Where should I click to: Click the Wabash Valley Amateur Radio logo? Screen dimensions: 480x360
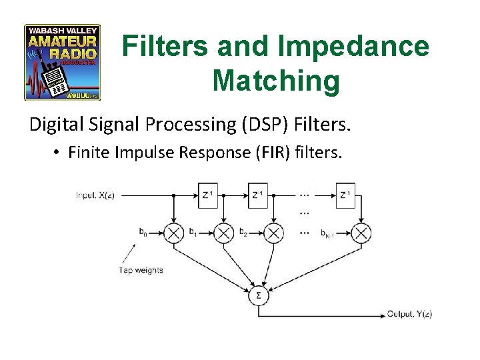(x=62, y=62)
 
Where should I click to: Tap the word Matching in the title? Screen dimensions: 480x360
(x=276, y=81)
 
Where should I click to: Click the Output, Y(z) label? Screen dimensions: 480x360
(x=409, y=314)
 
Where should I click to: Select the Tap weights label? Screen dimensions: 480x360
(x=141, y=270)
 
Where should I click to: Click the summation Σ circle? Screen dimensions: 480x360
(x=258, y=295)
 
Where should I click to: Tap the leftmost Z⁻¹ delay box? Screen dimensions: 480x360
(x=208, y=195)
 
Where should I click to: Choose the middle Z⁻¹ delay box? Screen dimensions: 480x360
(x=257, y=195)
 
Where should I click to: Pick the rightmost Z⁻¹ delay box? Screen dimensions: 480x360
(x=345, y=195)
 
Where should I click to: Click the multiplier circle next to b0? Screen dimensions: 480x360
(x=174, y=233)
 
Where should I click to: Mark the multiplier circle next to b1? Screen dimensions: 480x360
(x=223, y=233)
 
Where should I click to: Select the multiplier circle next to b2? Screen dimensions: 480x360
(x=273, y=233)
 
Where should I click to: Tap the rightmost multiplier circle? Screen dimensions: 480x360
(x=361, y=233)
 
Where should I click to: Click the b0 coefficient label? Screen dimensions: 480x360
(x=143, y=232)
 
